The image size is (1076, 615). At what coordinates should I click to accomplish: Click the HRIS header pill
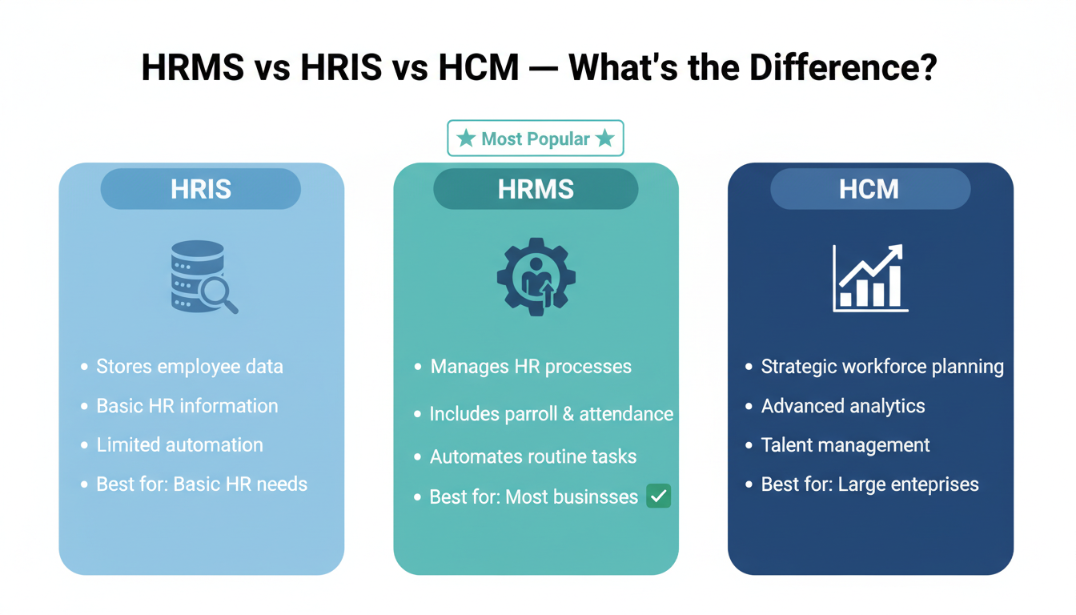(201, 190)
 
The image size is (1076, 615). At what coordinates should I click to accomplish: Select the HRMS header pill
(536, 190)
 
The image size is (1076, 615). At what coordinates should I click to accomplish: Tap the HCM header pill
(869, 190)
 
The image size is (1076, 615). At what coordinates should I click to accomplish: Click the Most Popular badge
(535, 139)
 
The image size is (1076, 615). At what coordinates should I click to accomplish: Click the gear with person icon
(536, 276)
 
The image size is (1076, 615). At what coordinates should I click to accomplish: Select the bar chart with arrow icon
(869, 277)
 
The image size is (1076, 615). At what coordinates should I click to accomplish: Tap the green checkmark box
(658, 496)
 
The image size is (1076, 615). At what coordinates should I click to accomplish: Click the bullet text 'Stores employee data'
(190, 367)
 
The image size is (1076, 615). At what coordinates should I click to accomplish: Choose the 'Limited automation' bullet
(179, 444)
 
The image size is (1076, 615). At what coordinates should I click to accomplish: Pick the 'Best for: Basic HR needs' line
(202, 484)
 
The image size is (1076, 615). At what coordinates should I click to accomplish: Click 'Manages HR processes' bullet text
(531, 367)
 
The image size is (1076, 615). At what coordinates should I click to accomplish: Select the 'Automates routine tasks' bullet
(533, 456)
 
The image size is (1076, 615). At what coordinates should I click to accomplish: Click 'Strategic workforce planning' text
(882, 367)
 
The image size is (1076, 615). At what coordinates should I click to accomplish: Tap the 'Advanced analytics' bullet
(843, 406)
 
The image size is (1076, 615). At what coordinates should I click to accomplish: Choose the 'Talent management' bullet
(845, 445)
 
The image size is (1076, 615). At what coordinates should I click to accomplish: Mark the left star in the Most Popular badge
(465, 139)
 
